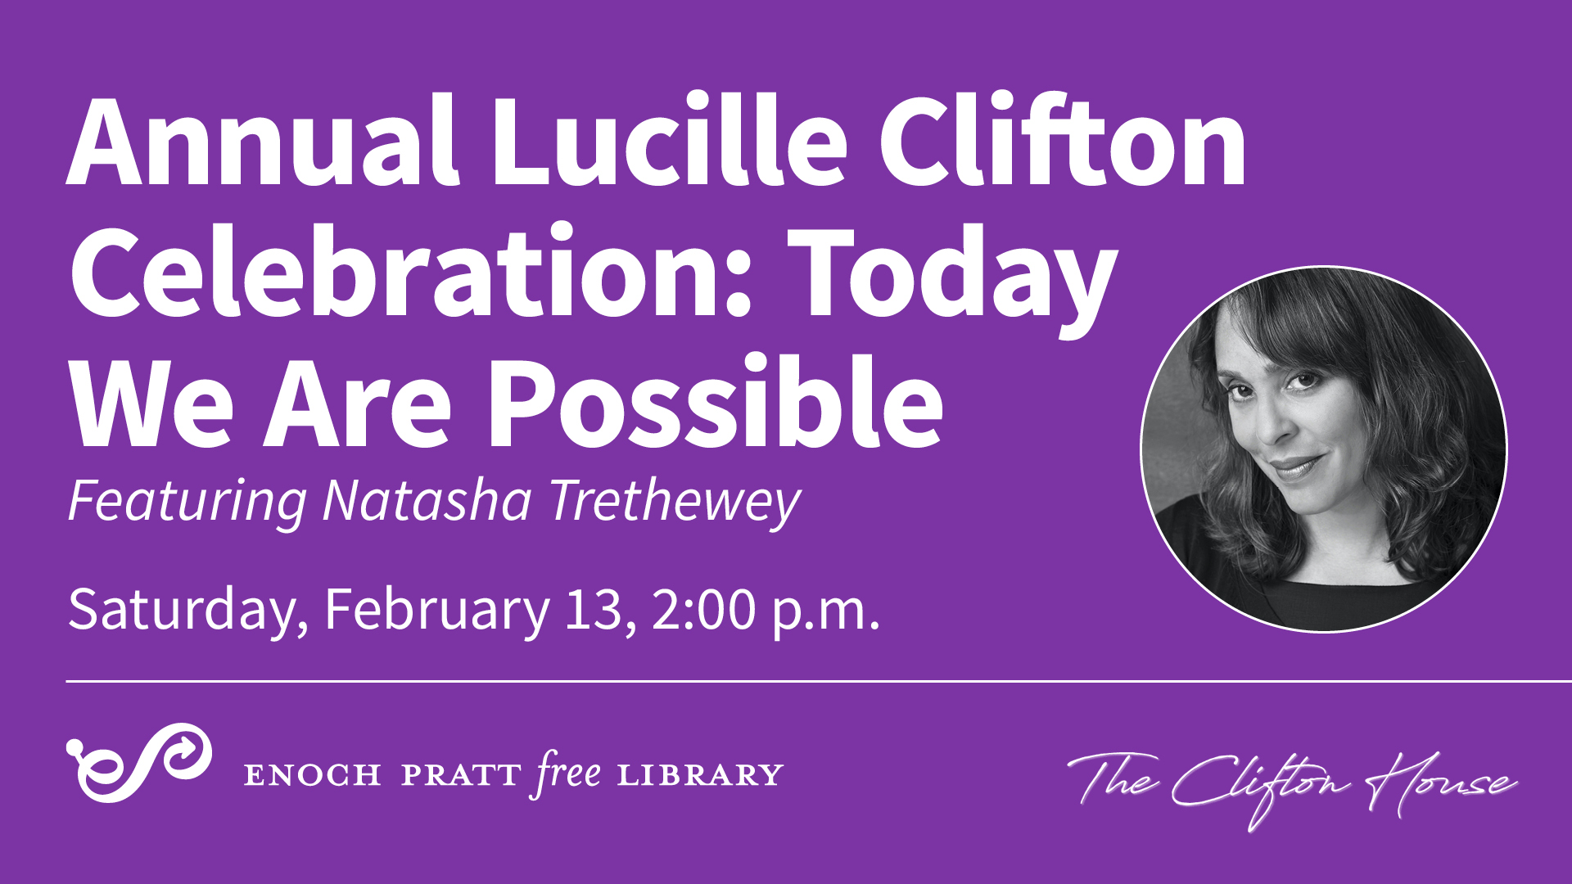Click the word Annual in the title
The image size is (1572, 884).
[x=261, y=141]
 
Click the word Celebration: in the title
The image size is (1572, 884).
[x=412, y=272]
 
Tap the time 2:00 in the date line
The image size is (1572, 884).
[x=704, y=609]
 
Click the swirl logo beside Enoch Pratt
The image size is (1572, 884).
[x=139, y=762]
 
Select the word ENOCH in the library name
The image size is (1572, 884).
[x=313, y=775]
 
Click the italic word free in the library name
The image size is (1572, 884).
[x=569, y=773]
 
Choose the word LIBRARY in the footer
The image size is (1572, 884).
[x=701, y=775]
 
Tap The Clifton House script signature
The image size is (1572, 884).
[x=1292, y=786]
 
